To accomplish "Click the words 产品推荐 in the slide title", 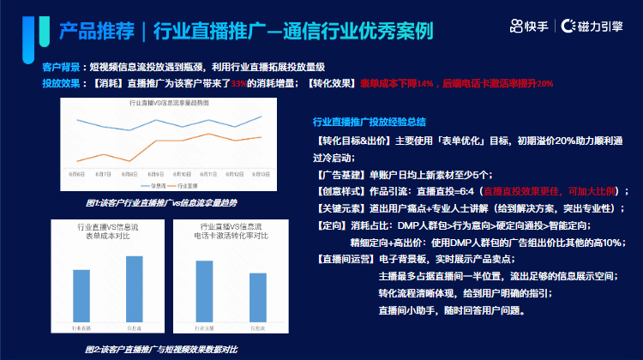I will point(97,32).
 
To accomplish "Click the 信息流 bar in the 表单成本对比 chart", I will point(135,289).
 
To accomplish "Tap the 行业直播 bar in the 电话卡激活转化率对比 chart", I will point(204,291).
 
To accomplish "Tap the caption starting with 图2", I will point(161,349).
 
